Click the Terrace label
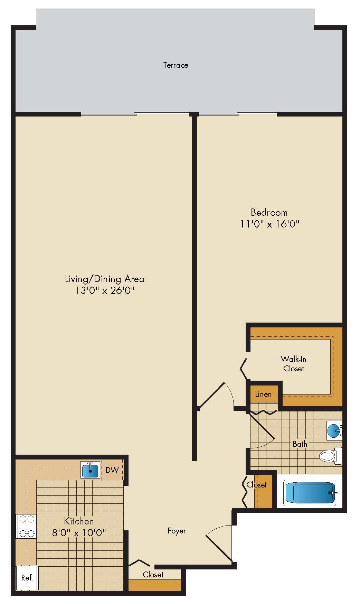[x=176, y=65]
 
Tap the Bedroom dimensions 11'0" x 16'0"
[x=269, y=224]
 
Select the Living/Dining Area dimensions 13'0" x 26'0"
[x=105, y=290]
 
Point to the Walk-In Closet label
[x=293, y=364]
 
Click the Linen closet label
[x=263, y=394]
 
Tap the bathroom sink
[x=334, y=431]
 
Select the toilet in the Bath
[x=331, y=456]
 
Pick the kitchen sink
[x=90, y=470]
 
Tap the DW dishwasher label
[x=112, y=470]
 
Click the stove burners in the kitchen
[x=26, y=526]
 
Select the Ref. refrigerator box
[x=27, y=577]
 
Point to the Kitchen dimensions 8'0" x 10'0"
[x=79, y=532]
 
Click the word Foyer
[x=177, y=531]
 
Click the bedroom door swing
[x=216, y=396]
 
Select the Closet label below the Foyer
[x=153, y=575]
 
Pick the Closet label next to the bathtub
[x=257, y=485]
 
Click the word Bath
[x=300, y=444]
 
